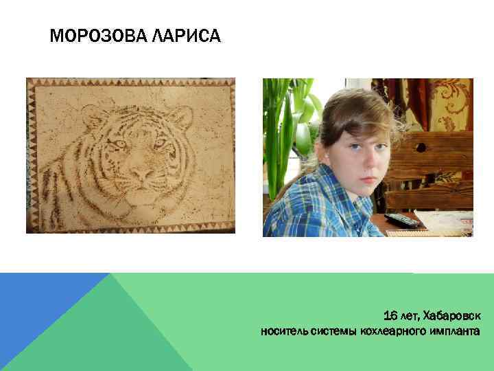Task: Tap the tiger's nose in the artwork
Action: pos(141,175)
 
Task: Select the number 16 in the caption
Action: pos(390,315)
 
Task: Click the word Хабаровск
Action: pos(452,315)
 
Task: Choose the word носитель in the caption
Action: pos(283,332)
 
